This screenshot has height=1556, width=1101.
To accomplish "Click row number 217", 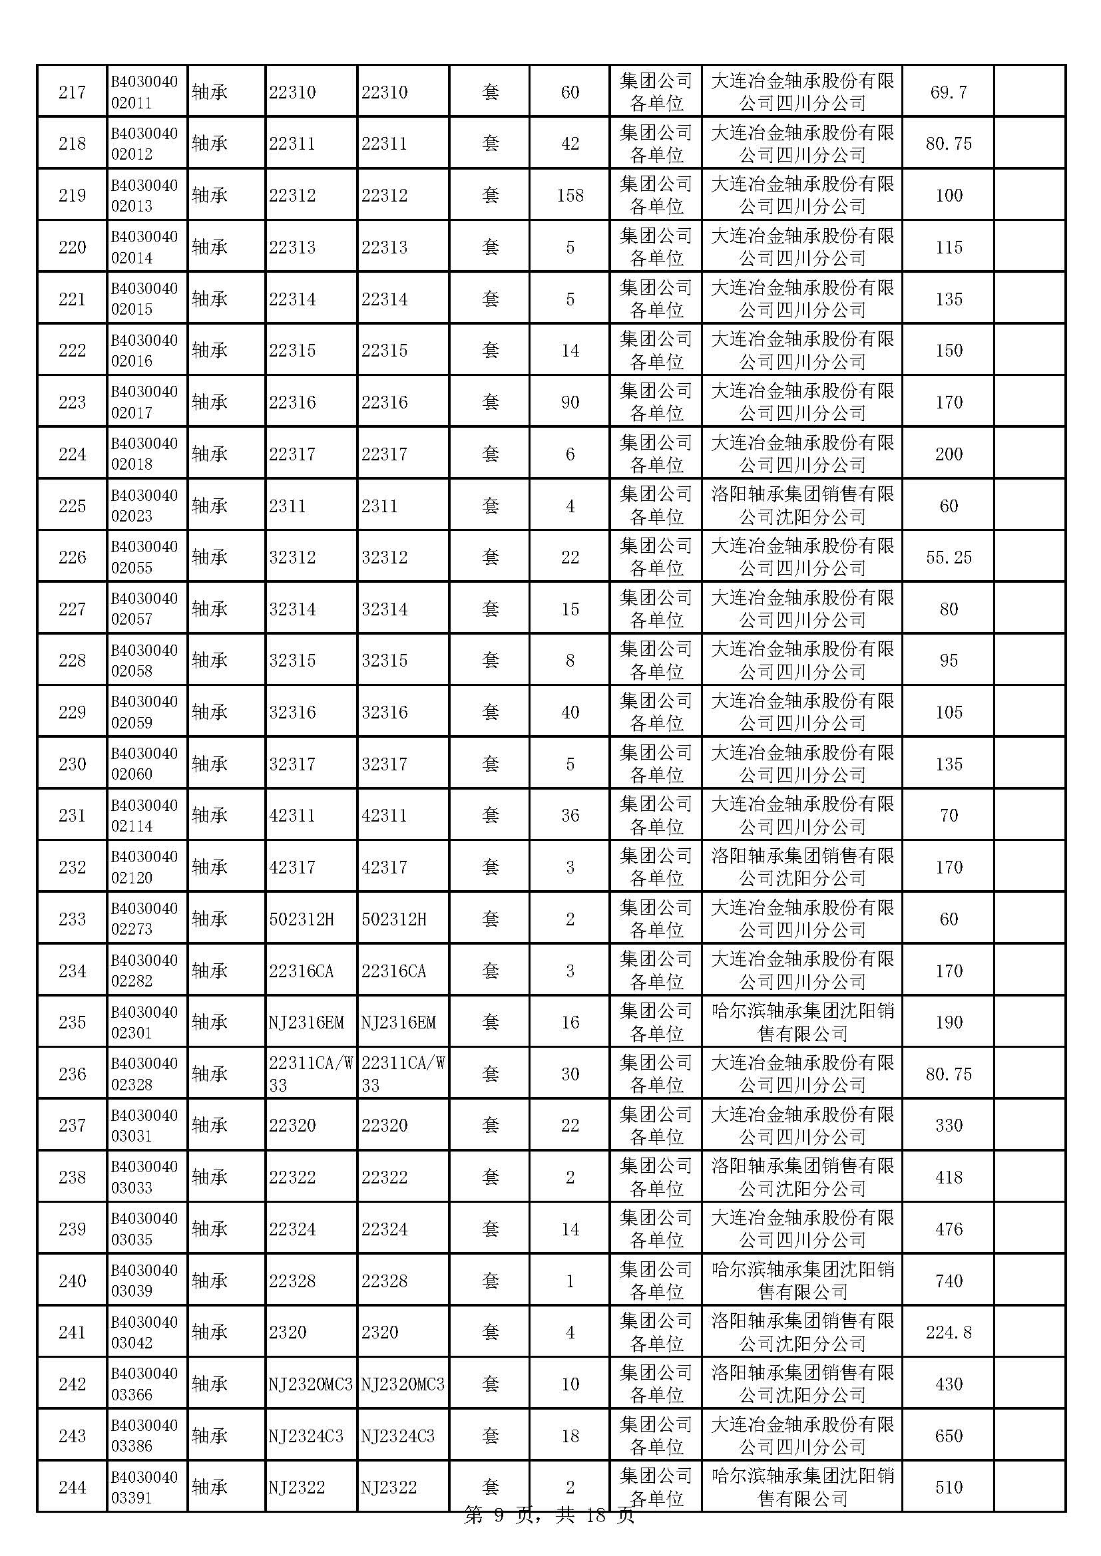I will (72, 92).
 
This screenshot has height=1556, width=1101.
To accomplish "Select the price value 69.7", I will (949, 92).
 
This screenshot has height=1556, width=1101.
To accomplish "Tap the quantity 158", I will (570, 196).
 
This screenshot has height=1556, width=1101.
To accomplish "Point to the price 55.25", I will (949, 557).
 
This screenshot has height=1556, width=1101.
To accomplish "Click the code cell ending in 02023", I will (144, 506).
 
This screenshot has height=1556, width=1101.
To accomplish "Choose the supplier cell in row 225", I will (802, 506).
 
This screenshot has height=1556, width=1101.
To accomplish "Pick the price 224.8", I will (949, 1333).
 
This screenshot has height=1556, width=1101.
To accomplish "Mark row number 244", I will (72, 1487).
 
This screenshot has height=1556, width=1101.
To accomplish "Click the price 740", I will (949, 1281).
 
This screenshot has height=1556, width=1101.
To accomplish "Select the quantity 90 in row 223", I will (570, 402).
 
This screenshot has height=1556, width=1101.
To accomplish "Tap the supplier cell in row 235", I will (802, 1022).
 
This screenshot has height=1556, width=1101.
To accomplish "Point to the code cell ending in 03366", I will (144, 1384).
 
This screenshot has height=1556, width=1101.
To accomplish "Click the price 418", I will (949, 1178).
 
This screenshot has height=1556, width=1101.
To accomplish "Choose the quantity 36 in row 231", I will (570, 816).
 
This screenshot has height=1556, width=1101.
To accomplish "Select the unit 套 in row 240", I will (490, 1281).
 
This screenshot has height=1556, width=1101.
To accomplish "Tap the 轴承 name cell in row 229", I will (210, 712).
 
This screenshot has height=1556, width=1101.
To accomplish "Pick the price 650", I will (949, 1436).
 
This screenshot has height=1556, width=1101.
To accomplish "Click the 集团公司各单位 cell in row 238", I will (656, 1178).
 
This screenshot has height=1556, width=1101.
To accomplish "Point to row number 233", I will (72, 919).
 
